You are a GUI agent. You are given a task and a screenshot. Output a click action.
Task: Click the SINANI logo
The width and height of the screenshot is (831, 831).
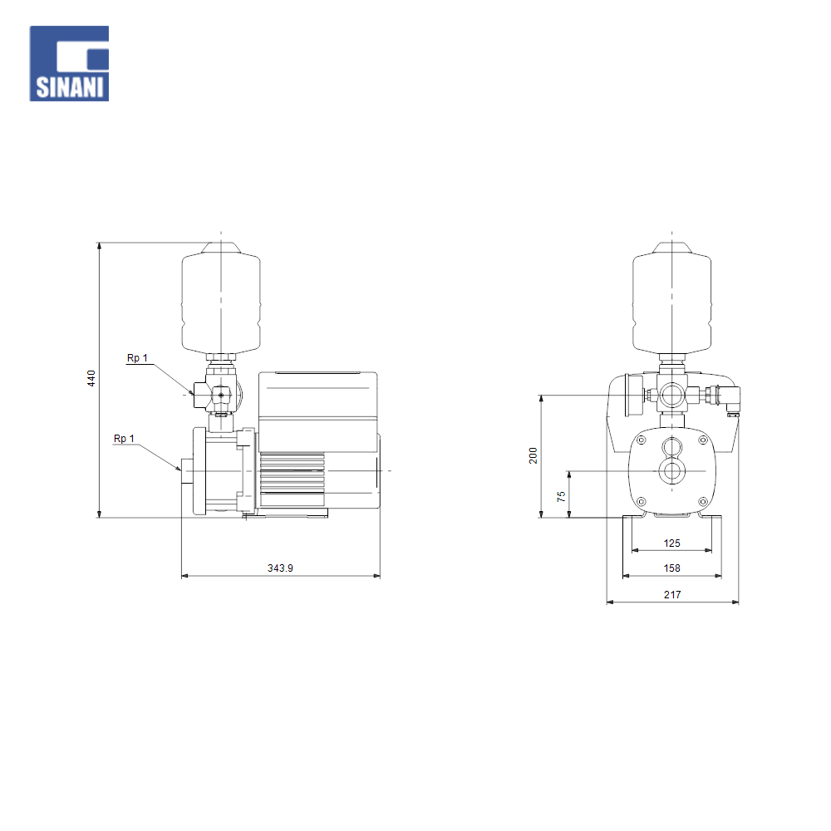click(70, 64)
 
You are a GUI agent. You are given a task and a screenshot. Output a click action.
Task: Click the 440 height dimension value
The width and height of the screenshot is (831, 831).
click(91, 378)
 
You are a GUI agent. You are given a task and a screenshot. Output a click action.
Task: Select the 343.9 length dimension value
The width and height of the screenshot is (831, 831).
click(280, 568)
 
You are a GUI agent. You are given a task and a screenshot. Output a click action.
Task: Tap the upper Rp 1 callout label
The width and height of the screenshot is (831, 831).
click(137, 358)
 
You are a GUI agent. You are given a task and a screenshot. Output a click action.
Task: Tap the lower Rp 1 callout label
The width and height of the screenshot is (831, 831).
click(124, 439)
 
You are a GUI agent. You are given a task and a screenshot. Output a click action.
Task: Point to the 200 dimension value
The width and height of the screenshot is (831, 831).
click(534, 455)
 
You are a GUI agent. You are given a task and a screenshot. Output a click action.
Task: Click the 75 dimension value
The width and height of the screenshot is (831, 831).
click(561, 497)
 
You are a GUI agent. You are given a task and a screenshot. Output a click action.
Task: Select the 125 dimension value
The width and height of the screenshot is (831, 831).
click(672, 543)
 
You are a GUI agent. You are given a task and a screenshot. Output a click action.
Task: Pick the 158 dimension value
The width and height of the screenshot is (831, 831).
click(672, 568)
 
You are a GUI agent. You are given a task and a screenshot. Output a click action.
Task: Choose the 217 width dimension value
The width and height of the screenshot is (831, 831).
click(672, 595)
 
